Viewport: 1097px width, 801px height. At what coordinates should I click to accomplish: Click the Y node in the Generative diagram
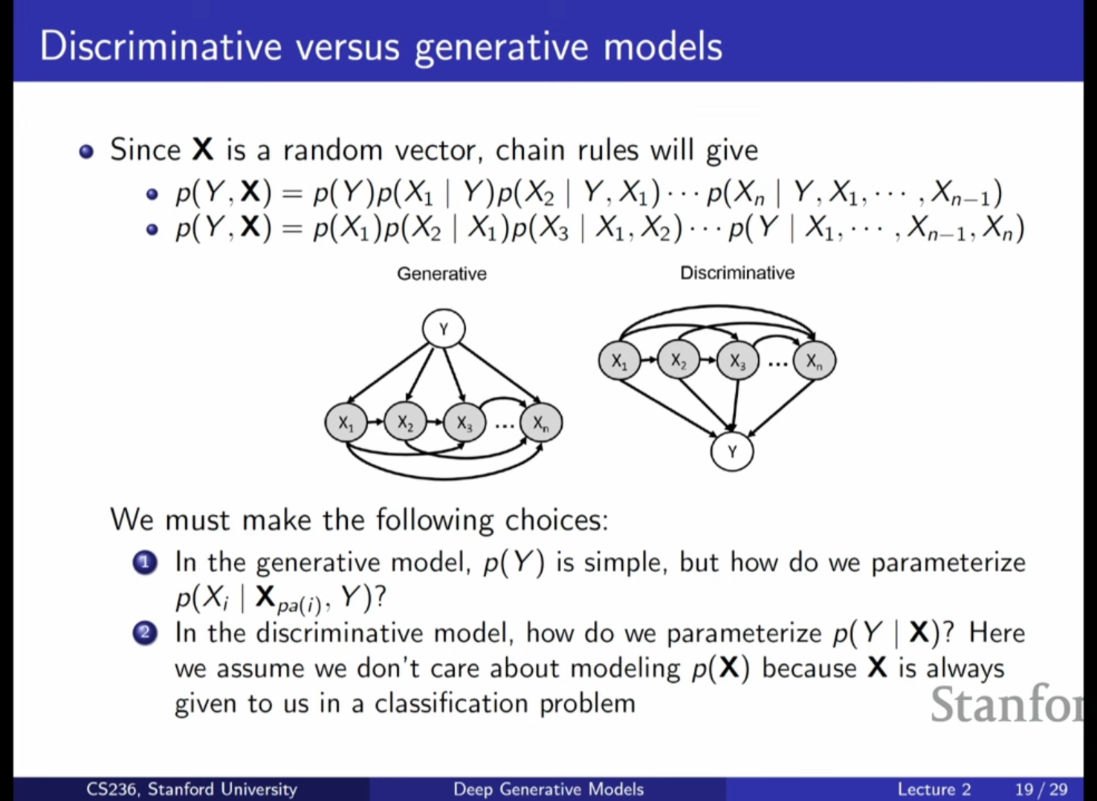point(444,328)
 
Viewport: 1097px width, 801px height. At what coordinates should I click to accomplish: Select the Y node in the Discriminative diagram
point(732,452)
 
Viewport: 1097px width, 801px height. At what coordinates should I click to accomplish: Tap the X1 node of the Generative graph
point(346,423)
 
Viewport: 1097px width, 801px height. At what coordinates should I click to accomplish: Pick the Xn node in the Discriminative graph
point(815,361)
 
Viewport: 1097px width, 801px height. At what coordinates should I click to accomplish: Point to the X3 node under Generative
point(465,423)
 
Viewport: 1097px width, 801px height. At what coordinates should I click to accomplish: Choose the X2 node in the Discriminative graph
point(679,361)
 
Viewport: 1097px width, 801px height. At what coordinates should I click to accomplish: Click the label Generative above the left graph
point(441,273)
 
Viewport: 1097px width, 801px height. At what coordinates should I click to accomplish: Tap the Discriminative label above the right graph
point(737,273)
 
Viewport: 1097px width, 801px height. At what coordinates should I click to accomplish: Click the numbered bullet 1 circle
point(145,563)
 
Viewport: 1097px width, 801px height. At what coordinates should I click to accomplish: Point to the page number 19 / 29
point(1041,789)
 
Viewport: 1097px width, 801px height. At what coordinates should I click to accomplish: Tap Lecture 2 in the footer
point(934,789)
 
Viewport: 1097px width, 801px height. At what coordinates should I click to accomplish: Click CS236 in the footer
point(114,789)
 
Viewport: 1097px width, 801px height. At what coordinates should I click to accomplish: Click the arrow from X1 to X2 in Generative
point(375,422)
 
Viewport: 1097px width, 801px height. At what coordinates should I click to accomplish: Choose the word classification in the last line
point(450,704)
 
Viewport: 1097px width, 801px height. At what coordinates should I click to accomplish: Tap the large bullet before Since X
point(86,152)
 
